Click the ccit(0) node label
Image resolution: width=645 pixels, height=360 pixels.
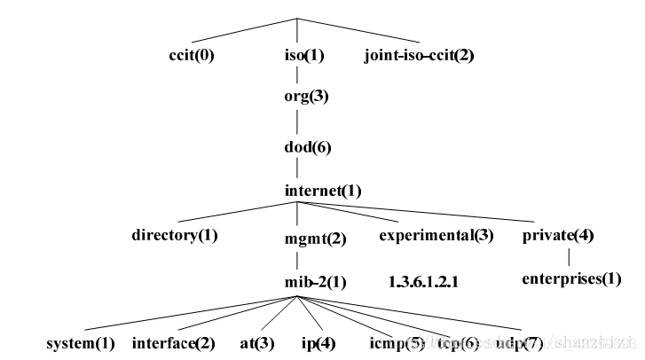(x=192, y=55)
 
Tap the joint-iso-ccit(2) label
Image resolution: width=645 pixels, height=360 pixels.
(x=419, y=55)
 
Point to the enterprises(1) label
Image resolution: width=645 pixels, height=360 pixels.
(x=571, y=278)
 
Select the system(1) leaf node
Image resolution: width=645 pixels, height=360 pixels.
(x=81, y=341)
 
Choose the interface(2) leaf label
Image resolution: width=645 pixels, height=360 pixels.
(x=174, y=341)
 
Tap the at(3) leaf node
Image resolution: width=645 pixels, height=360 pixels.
(x=256, y=341)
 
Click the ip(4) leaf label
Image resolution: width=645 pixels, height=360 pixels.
(x=317, y=341)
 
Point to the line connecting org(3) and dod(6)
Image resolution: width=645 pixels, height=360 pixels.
(x=297, y=121)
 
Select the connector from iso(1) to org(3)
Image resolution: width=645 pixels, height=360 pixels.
(x=297, y=74)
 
